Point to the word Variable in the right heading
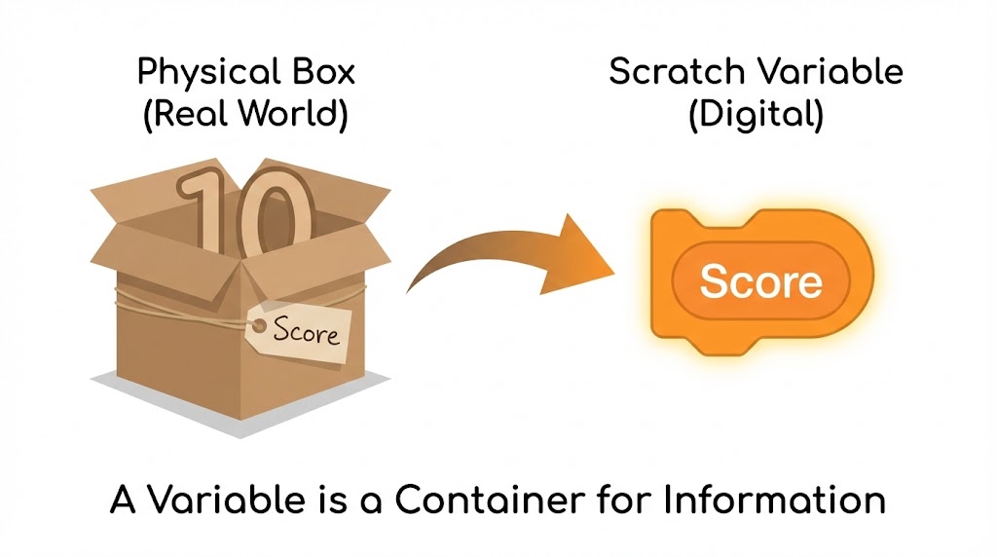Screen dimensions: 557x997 tap(832, 74)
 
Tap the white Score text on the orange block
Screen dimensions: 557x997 tap(760, 281)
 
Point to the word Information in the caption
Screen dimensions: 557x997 tap(774, 501)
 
